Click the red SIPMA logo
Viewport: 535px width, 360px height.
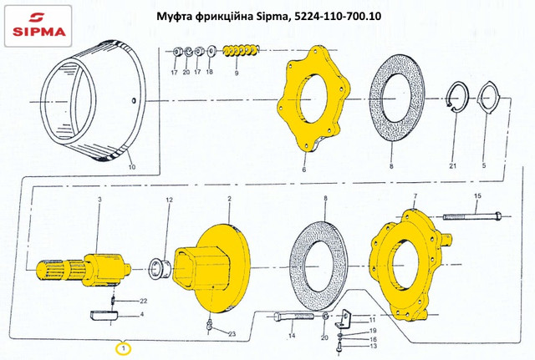pos(38,26)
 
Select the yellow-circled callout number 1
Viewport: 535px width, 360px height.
pos(124,348)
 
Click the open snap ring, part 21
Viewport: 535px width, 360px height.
pos(458,97)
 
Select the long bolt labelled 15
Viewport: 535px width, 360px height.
pos(472,216)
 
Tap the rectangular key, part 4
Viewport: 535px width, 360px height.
pos(104,316)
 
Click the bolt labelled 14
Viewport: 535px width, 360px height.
pos(293,317)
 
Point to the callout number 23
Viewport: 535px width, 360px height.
pos(232,334)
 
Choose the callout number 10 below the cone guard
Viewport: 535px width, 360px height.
pos(132,167)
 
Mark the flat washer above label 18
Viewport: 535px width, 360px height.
pos(211,52)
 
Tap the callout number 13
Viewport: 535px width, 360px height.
pos(374,346)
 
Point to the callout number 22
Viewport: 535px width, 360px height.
pos(143,301)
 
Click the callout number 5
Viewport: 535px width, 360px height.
pos(484,165)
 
